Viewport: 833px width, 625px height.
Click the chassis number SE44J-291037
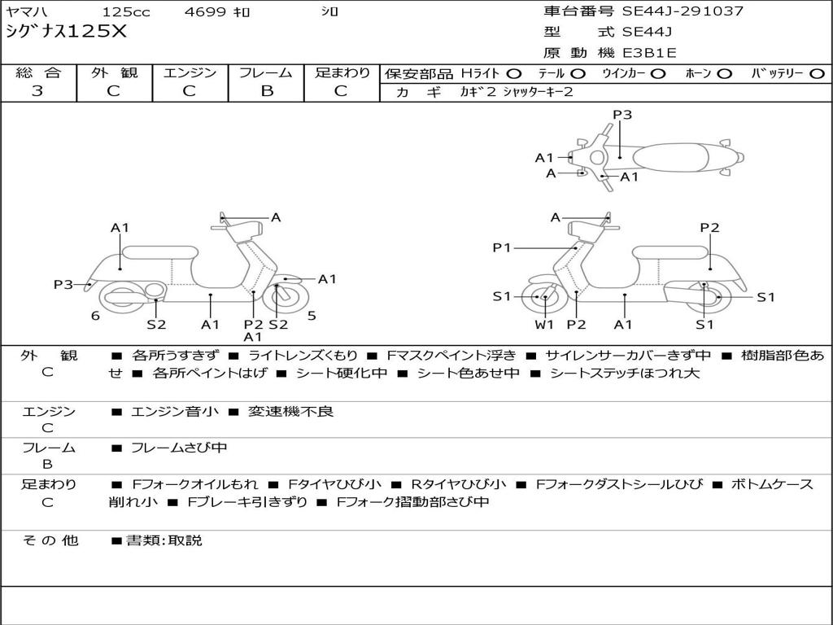coord(683,11)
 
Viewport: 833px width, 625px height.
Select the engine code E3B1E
coord(649,54)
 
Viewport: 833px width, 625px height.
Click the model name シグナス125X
coord(66,33)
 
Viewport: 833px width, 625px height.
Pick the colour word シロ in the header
coord(328,12)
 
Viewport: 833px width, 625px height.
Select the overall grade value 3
coord(37,91)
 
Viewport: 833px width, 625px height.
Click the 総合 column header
coord(37,72)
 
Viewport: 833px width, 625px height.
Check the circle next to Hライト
coord(514,73)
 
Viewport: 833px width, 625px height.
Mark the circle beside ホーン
coord(725,73)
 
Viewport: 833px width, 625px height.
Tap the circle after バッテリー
coord(817,73)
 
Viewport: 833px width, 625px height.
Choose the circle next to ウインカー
coord(658,73)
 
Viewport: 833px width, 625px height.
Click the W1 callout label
coord(544,325)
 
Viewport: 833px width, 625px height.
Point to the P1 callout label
coord(502,247)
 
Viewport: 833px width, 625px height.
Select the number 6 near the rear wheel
coord(95,316)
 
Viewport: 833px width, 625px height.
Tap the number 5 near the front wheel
coord(312,316)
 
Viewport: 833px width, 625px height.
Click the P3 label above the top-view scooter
coord(622,115)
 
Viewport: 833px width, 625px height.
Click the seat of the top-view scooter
coord(673,156)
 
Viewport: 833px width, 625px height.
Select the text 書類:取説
coord(164,540)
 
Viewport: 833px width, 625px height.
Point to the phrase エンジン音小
coord(175,412)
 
